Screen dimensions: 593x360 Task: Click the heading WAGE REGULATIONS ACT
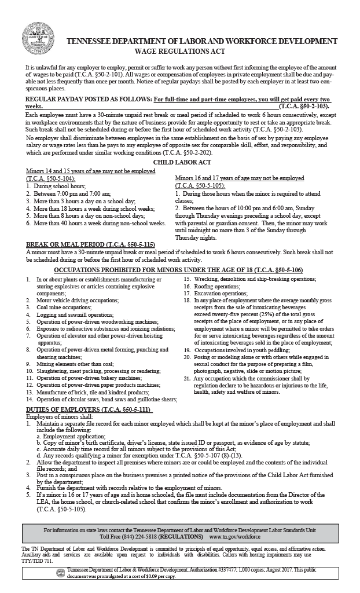201,51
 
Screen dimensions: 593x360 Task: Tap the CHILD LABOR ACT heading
180,163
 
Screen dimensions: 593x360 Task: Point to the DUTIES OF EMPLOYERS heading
89,409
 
